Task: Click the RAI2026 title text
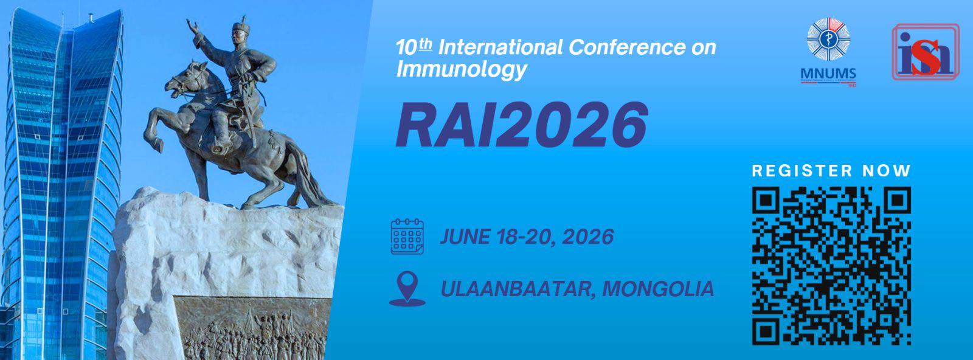pos(522,125)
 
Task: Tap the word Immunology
pos(462,69)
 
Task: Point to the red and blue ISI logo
pos(926,52)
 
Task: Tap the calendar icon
pos(407,236)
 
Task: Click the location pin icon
pos(407,289)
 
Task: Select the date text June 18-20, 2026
pos(527,237)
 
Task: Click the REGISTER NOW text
pos(831,171)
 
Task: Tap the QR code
pos(831,266)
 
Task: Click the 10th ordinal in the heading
pos(414,47)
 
